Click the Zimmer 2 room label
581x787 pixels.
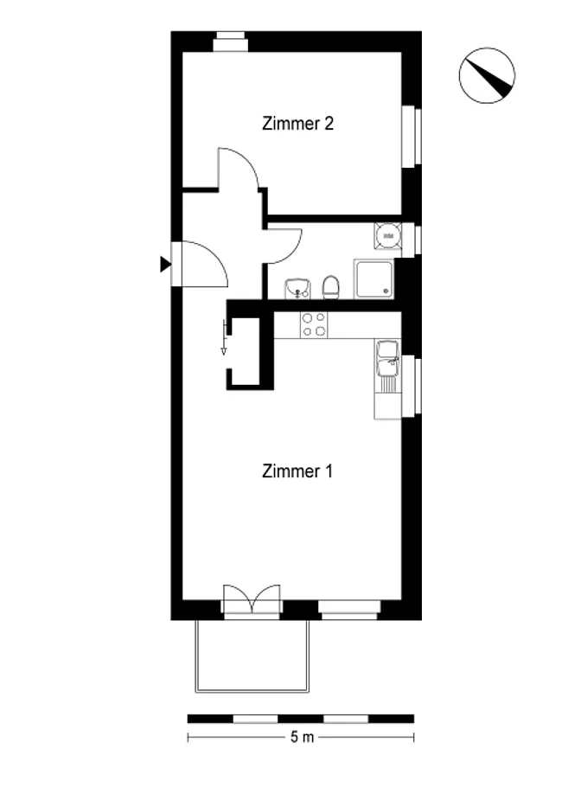coord(297,124)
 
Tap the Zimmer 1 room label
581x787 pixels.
coord(297,471)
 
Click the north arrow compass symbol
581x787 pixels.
coord(487,76)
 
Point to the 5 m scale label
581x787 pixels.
coord(302,737)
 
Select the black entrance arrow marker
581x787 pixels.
coord(165,264)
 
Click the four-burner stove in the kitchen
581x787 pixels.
coord(314,324)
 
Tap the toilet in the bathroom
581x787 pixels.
coord(331,287)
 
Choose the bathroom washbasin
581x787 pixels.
coord(297,289)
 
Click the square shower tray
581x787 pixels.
coord(373,278)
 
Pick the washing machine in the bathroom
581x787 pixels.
coord(387,236)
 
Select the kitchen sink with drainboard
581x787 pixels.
coord(387,367)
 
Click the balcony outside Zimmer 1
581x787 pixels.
coord(252,656)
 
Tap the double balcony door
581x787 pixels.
coord(252,599)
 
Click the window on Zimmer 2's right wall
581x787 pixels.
coord(412,135)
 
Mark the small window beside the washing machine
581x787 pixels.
coord(412,240)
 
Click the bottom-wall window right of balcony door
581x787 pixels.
coord(349,608)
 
